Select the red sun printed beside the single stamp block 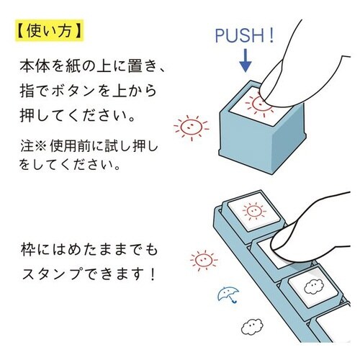point(190,127)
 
